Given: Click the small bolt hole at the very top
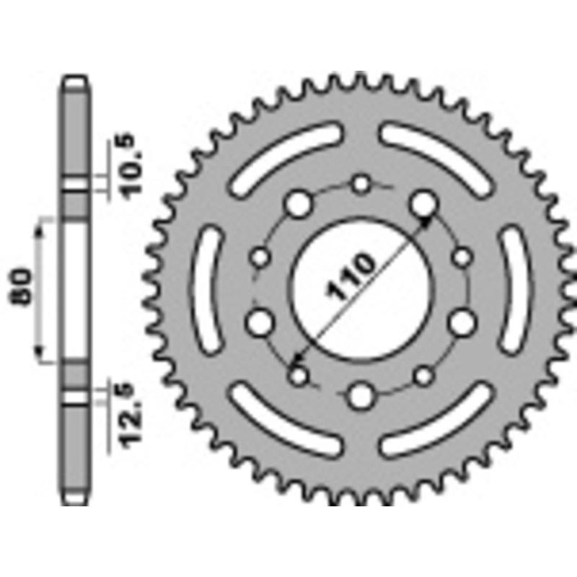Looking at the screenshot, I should pos(361,184).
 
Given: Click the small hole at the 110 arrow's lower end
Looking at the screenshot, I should pos(297,374).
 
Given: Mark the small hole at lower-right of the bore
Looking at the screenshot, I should pos(425,374).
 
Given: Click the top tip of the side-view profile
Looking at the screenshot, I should pos(76,79).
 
